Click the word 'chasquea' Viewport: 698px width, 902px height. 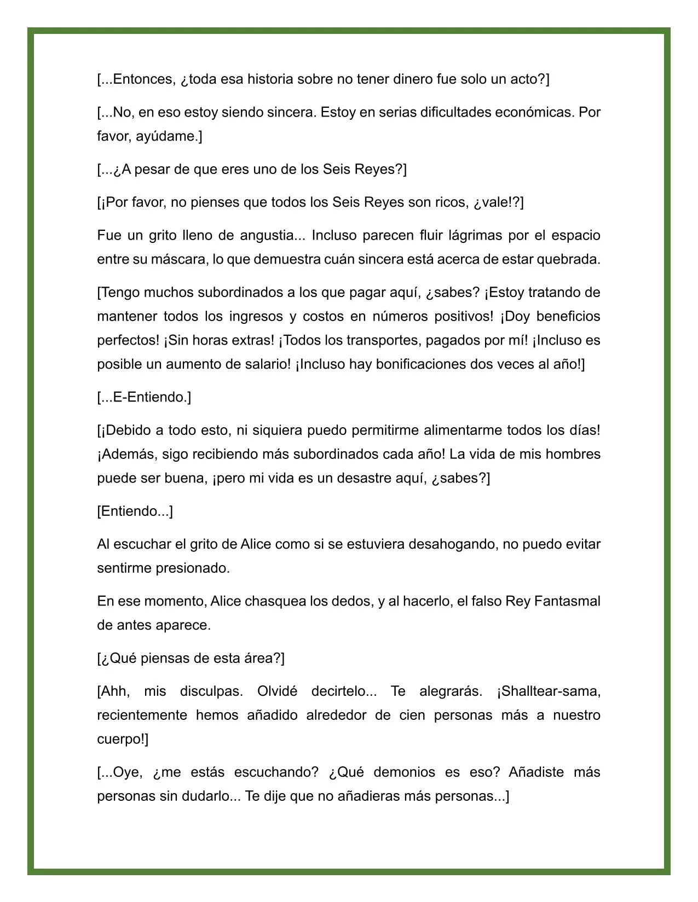click(x=274, y=602)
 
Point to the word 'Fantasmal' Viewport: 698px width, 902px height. click(x=567, y=602)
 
